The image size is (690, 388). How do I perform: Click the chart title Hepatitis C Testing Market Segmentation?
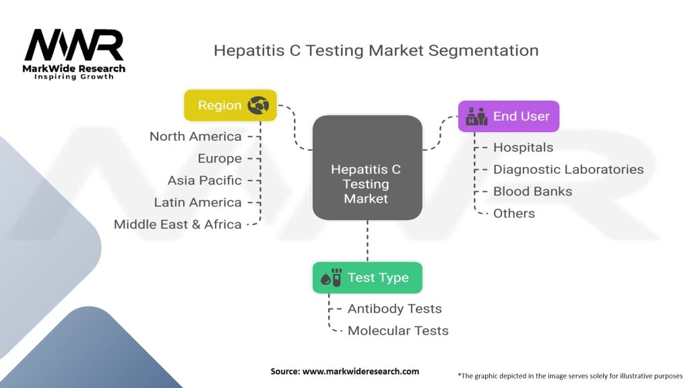(x=376, y=51)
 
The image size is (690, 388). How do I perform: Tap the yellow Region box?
(x=230, y=105)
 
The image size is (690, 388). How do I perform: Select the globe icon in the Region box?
(x=259, y=105)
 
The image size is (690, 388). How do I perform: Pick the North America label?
(x=195, y=136)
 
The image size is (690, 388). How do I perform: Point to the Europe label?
(x=220, y=158)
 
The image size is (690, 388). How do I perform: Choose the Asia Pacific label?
(x=204, y=181)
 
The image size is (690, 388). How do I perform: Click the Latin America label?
(x=197, y=202)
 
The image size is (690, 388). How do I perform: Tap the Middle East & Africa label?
(x=178, y=224)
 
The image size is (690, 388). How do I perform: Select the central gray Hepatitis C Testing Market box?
(x=367, y=168)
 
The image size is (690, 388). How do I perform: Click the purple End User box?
(x=509, y=116)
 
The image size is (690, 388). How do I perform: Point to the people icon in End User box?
(x=476, y=116)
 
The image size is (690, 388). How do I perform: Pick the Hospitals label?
(x=523, y=147)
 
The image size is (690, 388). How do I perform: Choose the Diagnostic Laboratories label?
(x=568, y=169)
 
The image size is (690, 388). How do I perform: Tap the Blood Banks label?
(x=532, y=191)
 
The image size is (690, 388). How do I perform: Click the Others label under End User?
(x=513, y=213)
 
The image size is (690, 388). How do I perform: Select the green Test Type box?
(x=367, y=278)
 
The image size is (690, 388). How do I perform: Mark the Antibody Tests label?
(x=394, y=309)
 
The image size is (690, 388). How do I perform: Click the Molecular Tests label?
(x=398, y=330)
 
